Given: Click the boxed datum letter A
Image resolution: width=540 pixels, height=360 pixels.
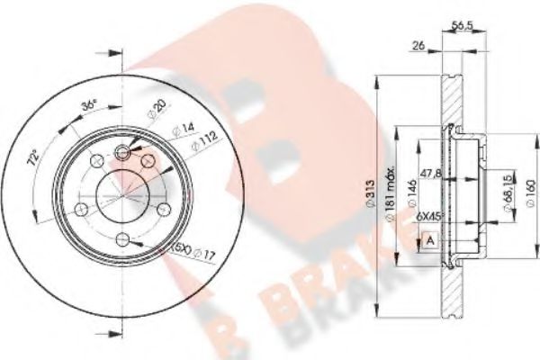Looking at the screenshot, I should (x=429, y=241).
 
